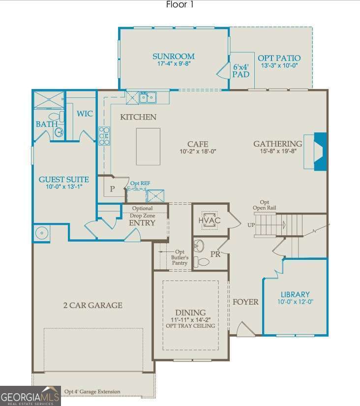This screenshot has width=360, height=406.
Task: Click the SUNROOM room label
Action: pyautogui.click(x=173, y=57)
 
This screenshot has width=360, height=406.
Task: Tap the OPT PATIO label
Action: pyautogui.click(x=279, y=58)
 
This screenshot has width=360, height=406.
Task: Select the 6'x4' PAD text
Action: pyautogui.click(x=241, y=70)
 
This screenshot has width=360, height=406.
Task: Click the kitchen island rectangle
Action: pyautogui.click(x=148, y=146)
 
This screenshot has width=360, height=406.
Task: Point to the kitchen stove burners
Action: pyautogui.click(x=104, y=136)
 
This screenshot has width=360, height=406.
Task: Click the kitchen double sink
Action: pyautogui.click(x=147, y=97)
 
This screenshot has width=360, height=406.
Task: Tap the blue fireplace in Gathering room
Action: pyautogui.click(x=320, y=152)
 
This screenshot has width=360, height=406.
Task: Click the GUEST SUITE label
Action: pyautogui.click(x=64, y=180)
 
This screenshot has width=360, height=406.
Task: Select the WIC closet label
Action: pyautogui.click(x=85, y=114)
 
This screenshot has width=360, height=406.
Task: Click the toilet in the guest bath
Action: pyautogui.click(x=61, y=117)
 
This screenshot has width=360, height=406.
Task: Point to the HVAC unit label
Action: pyautogui.click(x=210, y=220)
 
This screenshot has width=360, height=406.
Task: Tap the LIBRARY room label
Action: pyautogui.click(x=295, y=294)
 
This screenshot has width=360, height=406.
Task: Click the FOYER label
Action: pyautogui.click(x=245, y=302)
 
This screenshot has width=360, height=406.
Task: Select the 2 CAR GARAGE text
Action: pyautogui.click(x=92, y=305)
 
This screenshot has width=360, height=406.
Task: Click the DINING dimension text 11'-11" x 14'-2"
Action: pyautogui.click(x=190, y=319)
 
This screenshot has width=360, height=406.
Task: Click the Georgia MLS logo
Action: pyautogui.click(x=30, y=396)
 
